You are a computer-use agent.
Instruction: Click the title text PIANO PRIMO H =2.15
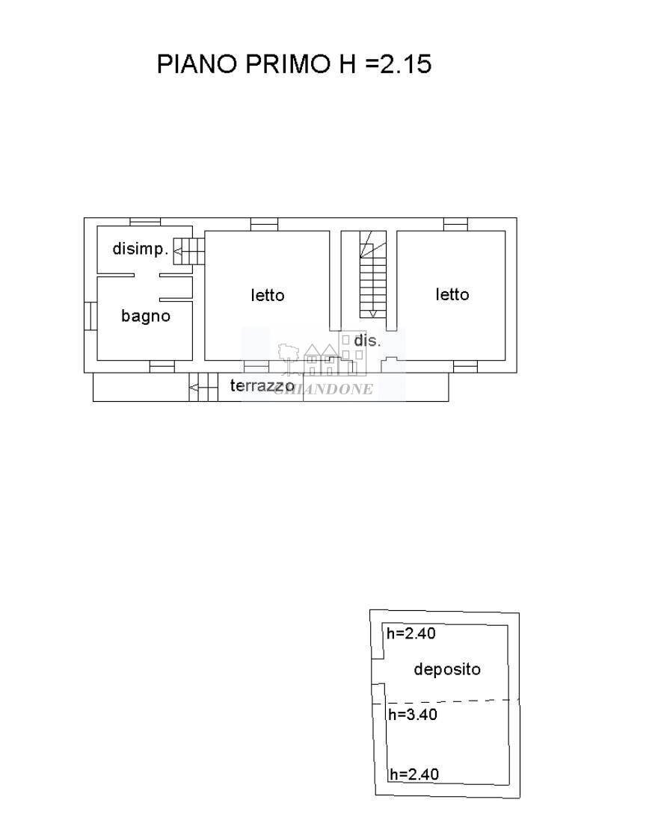[294, 63]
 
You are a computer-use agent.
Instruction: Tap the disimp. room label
[141, 248]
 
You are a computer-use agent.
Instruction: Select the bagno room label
[146, 316]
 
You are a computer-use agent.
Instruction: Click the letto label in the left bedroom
[268, 295]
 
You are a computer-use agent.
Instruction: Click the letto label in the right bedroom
[452, 294]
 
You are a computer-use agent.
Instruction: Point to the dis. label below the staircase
[367, 340]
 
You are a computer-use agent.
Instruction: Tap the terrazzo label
[262, 386]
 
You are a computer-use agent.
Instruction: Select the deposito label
[446, 670]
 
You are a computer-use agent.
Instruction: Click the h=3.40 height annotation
[413, 714]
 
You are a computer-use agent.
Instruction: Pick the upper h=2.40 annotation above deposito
[411, 633]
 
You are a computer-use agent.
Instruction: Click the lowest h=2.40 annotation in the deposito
[414, 774]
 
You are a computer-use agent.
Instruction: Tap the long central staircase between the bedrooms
[373, 274]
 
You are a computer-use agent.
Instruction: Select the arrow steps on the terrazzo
[203, 388]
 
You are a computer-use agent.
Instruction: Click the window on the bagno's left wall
[90, 316]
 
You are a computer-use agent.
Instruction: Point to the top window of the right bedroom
[456, 225]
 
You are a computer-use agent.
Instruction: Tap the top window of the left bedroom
[264, 225]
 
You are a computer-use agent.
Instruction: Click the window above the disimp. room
[145, 223]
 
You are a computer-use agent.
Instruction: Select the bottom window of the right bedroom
[465, 367]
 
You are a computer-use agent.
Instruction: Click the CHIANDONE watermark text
[324, 389]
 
